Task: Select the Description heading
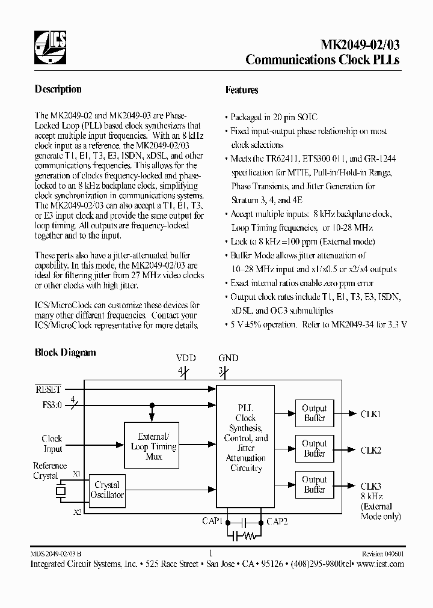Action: [x=58, y=89]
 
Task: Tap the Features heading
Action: [x=242, y=90]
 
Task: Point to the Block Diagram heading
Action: [x=65, y=353]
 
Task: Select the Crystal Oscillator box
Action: [x=107, y=490]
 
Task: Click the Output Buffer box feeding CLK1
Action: [x=314, y=413]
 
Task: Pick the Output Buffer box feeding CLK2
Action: [x=314, y=448]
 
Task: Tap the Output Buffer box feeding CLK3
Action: [x=314, y=484]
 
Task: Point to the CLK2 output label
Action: [x=370, y=449]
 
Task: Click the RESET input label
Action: [x=49, y=389]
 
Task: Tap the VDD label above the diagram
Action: [x=186, y=358]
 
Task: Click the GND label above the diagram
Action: [x=229, y=358]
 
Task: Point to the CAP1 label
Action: [x=212, y=521]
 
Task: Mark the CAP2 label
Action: [x=277, y=521]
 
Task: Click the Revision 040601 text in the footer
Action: [x=382, y=554]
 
